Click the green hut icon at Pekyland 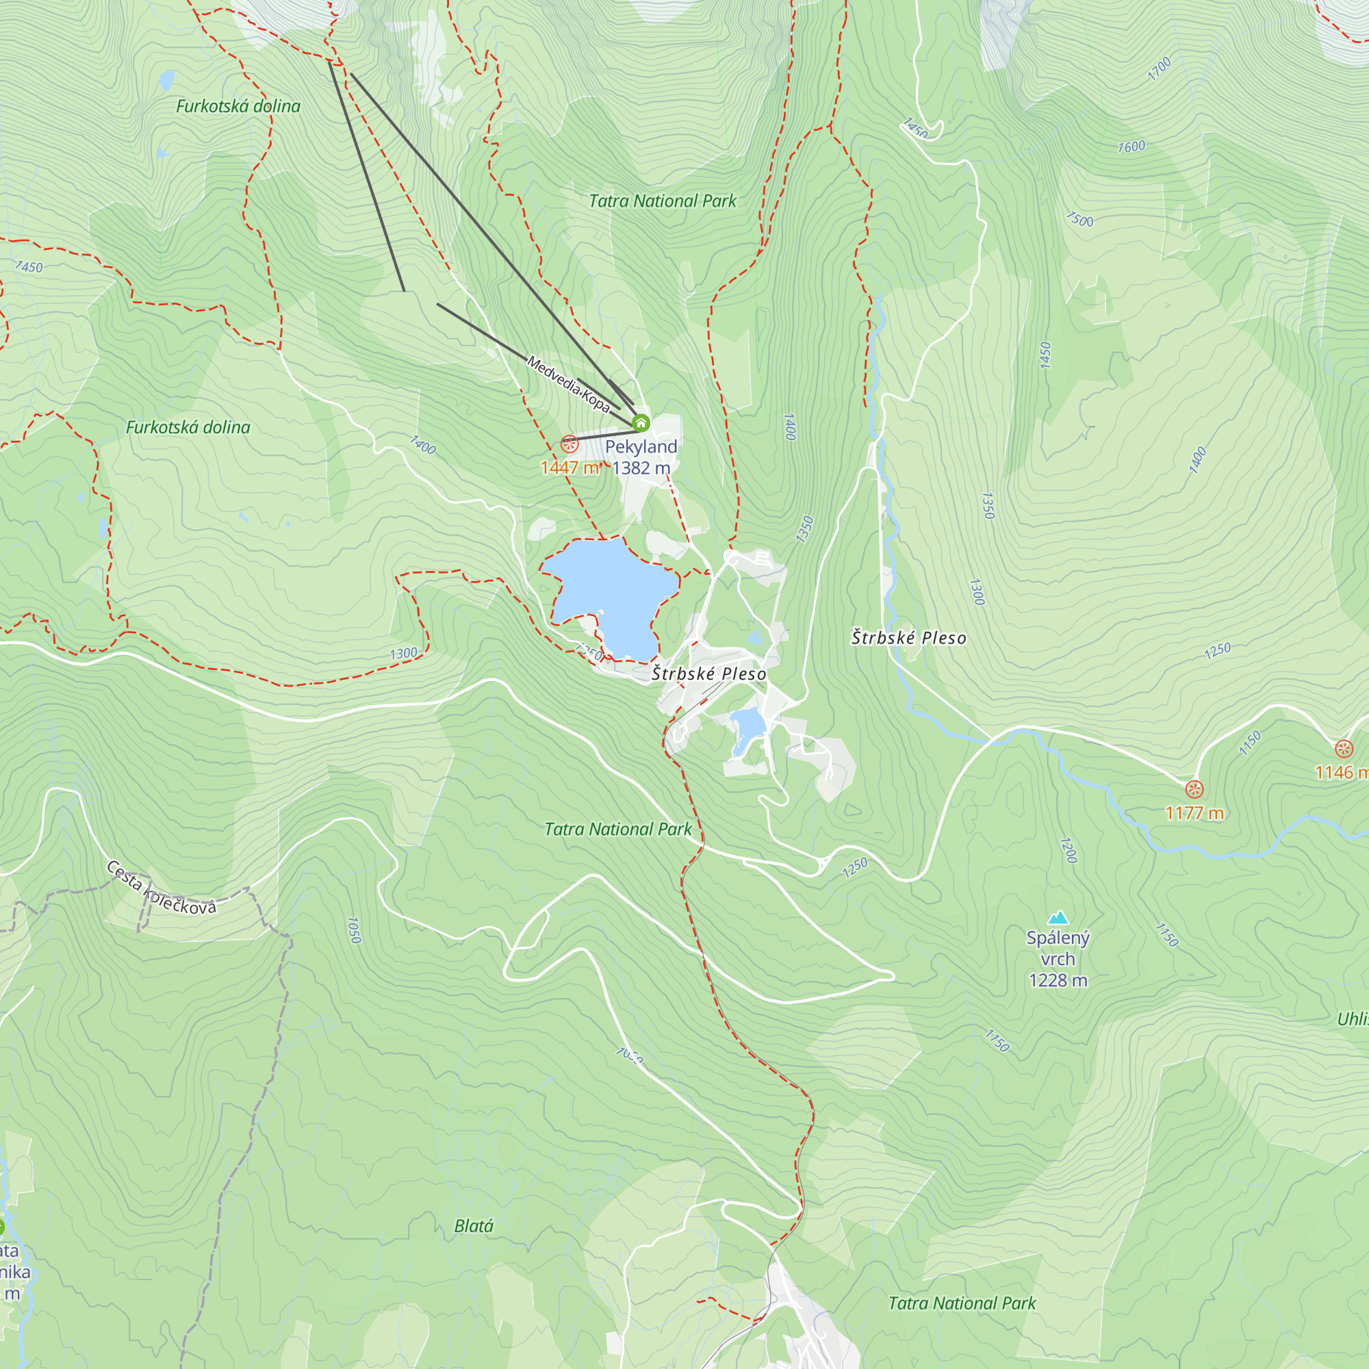click(641, 423)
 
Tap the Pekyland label click(641, 446)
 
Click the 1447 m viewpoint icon click(569, 444)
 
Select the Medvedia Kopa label click(568, 384)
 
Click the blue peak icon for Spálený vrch click(1058, 918)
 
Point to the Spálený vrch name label click(1058, 948)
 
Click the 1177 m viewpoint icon click(1194, 789)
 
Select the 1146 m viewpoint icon click(1344, 748)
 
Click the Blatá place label click(474, 1226)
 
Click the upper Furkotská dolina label click(238, 106)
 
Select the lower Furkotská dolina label click(188, 427)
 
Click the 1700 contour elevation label click(1160, 68)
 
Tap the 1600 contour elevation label click(1131, 146)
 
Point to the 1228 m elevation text click(1058, 981)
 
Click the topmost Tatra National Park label click(663, 201)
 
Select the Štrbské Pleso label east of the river click(908, 638)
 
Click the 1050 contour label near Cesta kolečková click(355, 930)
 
